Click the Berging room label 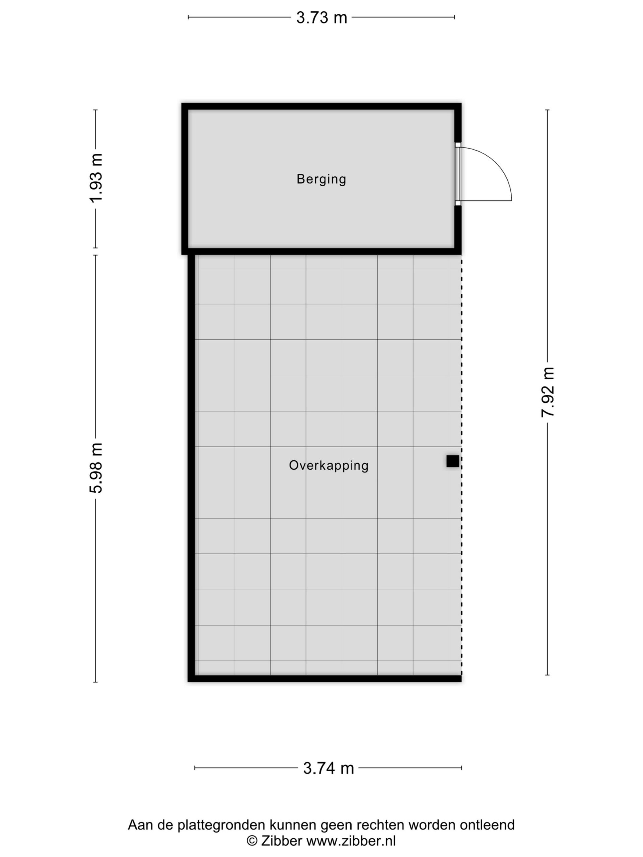click(321, 179)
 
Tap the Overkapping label click(328, 465)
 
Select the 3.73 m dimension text click(321, 17)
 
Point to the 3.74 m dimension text click(328, 768)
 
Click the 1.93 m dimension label click(96, 178)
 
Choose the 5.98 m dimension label click(96, 468)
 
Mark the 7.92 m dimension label click(548, 392)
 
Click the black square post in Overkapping click(452, 461)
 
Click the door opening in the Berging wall click(458, 174)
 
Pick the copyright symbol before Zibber click(252, 841)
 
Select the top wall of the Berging click(321, 106)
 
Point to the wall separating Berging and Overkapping click(321, 251)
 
